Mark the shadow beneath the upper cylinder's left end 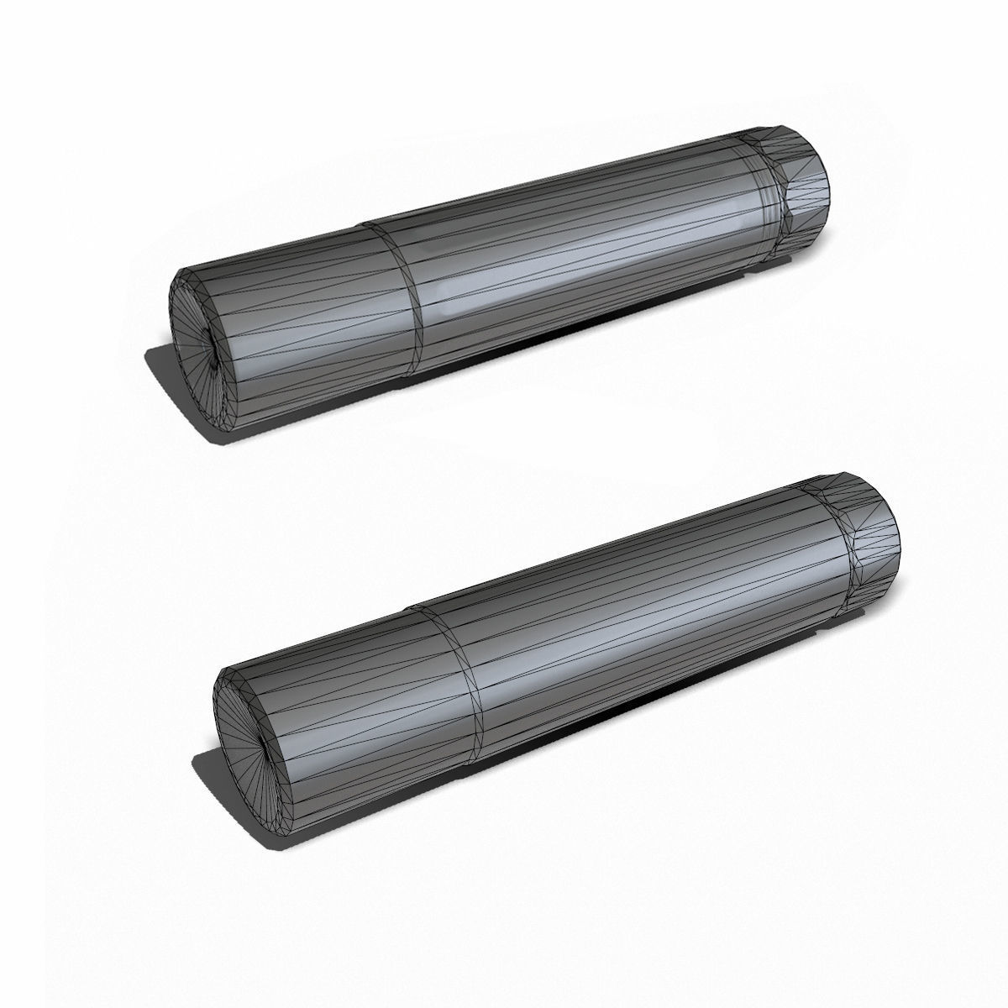tap(168, 370)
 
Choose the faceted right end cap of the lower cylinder tap(874, 546)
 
